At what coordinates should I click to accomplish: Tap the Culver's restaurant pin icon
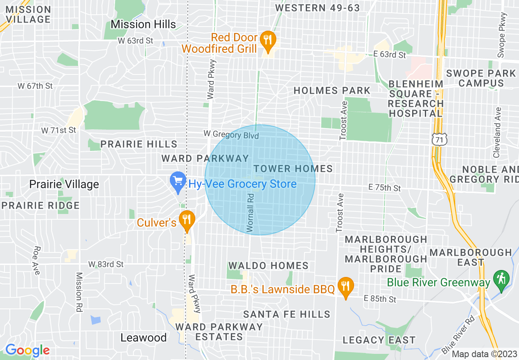pyautogui.click(x=187, y=220)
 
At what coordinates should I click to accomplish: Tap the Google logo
pyautogui.click(x=27, y=350)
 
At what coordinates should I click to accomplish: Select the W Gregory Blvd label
pyautogui.click(x=232, y=135)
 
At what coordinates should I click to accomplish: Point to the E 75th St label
pyautogui.click(x=384, y=188)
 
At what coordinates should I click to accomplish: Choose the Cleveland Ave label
pyautogui.click(x=497, y=133)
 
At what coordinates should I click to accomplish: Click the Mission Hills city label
pyautogui.click(x=143, y=24)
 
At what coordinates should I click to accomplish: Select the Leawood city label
pyautogui.click(x=143, y=337)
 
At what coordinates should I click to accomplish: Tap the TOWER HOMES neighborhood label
pyautogui.click(x=293, y=169)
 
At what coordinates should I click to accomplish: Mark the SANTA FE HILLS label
pyautogui.click(x=287, y=314)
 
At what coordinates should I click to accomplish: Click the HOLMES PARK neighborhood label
pyautogui.click(x=332, y=90)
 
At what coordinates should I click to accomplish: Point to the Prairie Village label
pyautogui.click(x=64, y=184)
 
